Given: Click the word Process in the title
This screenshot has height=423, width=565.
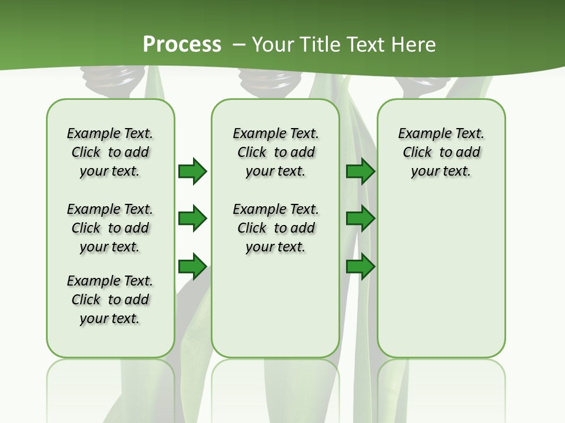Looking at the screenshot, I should (182, 44).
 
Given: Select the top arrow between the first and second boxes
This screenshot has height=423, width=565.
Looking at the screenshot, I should (192, 171).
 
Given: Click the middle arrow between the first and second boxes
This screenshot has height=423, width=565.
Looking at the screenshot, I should (192, 219).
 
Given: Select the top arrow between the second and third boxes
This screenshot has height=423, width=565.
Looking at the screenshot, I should (360, 171).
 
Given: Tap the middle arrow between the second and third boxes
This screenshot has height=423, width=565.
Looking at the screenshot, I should (360, 219).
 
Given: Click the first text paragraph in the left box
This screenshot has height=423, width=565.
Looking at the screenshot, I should (110, 152).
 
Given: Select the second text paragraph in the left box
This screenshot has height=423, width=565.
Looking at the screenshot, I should (110, 228).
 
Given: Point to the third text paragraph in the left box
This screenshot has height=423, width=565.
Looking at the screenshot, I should (110, 300).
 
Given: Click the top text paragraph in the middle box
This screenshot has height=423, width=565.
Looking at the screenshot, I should (275, 152).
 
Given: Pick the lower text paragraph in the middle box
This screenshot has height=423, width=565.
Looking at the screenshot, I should (275, 228).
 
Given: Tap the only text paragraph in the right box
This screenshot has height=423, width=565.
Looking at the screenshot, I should (441, 152).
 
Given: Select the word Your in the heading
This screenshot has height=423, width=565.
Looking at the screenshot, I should (274, 44).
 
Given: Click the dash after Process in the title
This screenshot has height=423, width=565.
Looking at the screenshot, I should (239, 44).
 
